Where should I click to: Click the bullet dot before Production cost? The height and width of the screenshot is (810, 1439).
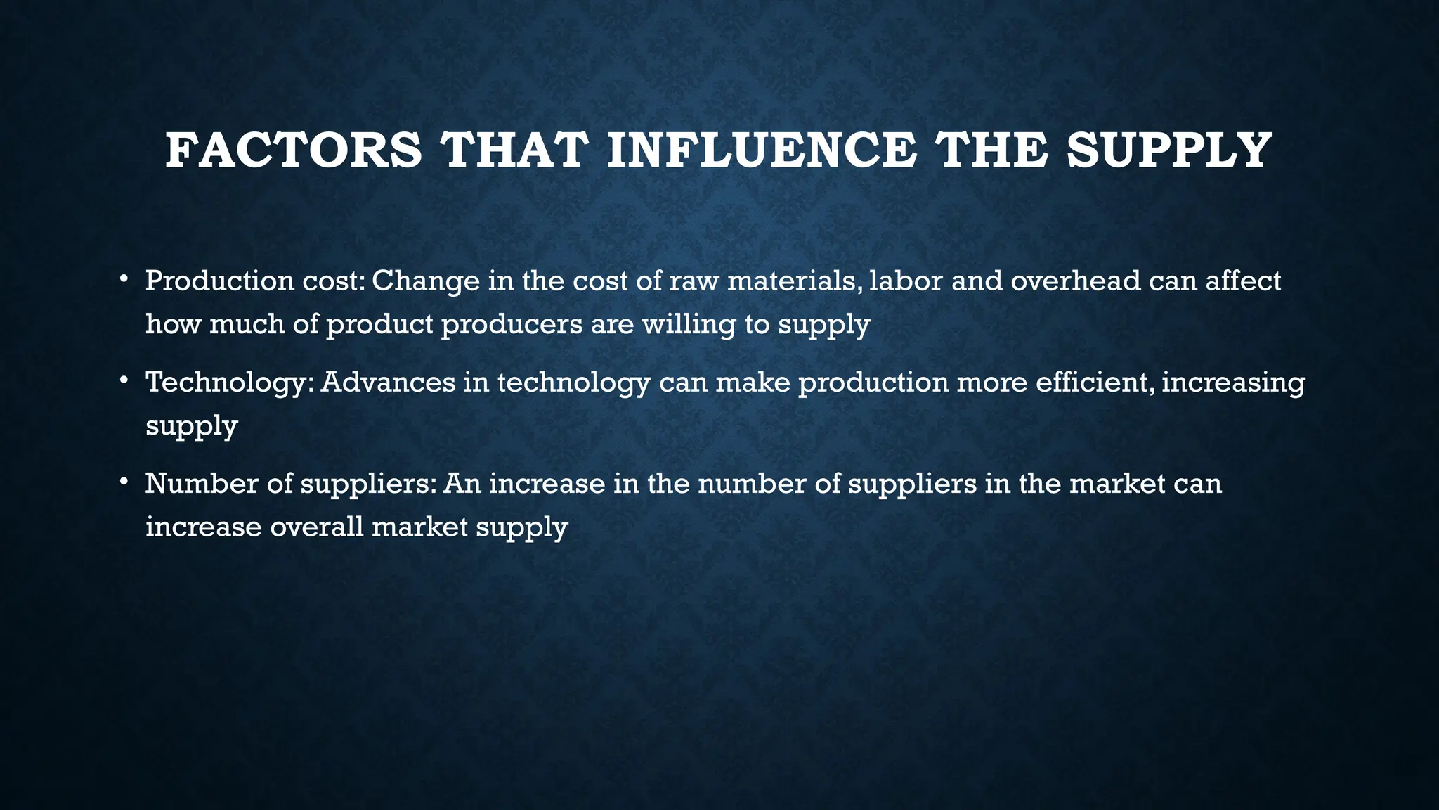coord(124,280)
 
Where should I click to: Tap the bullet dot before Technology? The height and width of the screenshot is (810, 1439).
coord(124,381)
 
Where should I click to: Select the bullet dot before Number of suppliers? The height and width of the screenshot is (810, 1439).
coord(124,482)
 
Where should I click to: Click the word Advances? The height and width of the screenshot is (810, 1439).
coord(388,382)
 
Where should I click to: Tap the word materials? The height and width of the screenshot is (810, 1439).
coord(793,281)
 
